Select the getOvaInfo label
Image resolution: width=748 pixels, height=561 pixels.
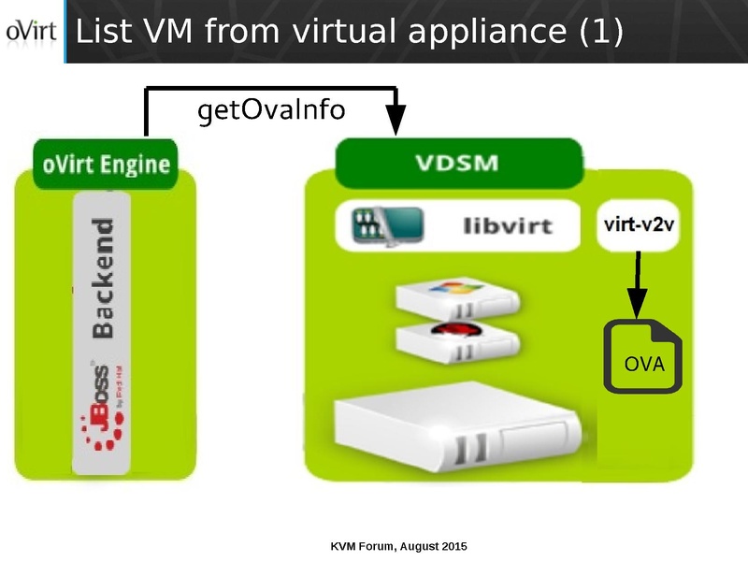[x=271, y=110]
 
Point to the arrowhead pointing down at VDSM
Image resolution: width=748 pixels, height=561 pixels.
[x=396, y=120]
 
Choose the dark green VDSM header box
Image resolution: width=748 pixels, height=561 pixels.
[x=458, y=163]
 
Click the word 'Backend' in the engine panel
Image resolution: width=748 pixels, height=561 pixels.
[x=103, y=278]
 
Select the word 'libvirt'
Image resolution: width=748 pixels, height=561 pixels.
[x=508, y=225]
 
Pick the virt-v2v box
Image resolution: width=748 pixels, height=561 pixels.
[x=638, y=225]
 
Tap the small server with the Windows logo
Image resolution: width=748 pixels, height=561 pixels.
[x=456, y=297]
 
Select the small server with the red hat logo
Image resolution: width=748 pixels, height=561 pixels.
[x=456, y=342]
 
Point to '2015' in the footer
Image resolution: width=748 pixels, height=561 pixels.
[x=453, y=545]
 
